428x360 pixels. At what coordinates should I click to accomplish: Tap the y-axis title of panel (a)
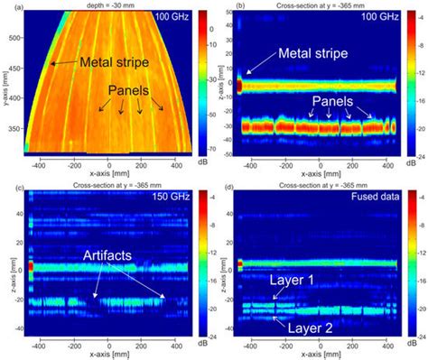(5, 86)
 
